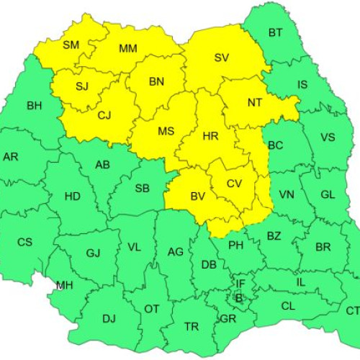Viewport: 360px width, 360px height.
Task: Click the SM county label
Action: (x=71, y=45)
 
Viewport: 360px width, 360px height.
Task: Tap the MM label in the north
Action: (x=128, y=49)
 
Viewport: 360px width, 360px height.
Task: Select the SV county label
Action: (x=221, y=58)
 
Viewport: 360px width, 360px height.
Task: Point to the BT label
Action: (x=275, y=32)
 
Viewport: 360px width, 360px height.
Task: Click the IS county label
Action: (x=302, y=85)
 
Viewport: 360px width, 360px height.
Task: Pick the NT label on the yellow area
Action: (x=254, y=102)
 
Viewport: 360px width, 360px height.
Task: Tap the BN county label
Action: (x=156, y=81)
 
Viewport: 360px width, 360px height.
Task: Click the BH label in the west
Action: (x=34, y=106)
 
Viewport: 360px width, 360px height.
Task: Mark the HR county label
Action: (x=211, y=135)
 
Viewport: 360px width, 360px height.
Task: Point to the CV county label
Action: (x=234, y=184)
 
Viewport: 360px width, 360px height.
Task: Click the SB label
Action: (x=143, y=189)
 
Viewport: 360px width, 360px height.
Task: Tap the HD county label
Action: (x=72, y=196)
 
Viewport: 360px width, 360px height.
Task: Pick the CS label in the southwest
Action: (x=24, y=242)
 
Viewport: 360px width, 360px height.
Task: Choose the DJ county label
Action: (x=109, y=318)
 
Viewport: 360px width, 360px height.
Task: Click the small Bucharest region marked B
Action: (x=239, y=297)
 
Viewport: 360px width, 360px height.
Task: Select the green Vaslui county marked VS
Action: (x=327, y=138)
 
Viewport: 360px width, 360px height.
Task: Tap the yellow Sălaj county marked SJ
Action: (x=81, y=87)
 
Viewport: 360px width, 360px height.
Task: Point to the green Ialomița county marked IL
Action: (x=301, y=282)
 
